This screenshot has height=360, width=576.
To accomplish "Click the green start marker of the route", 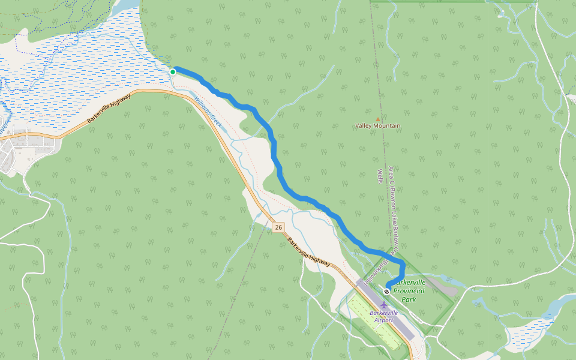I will pos(173,72).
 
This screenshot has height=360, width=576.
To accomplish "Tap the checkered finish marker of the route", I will pos(387,291).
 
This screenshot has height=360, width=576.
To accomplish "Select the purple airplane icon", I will pos(384,303).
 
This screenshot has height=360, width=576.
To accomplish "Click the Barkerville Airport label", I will pos(384,316).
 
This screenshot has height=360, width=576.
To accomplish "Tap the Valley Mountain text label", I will pos(377,125).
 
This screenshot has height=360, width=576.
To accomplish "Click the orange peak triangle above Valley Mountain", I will pos(377,119).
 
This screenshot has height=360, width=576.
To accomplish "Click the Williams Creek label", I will pos(208,111).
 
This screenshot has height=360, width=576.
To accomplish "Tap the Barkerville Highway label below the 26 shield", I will pos(308,252).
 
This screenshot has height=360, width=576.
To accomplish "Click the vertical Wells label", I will pos(380,176).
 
